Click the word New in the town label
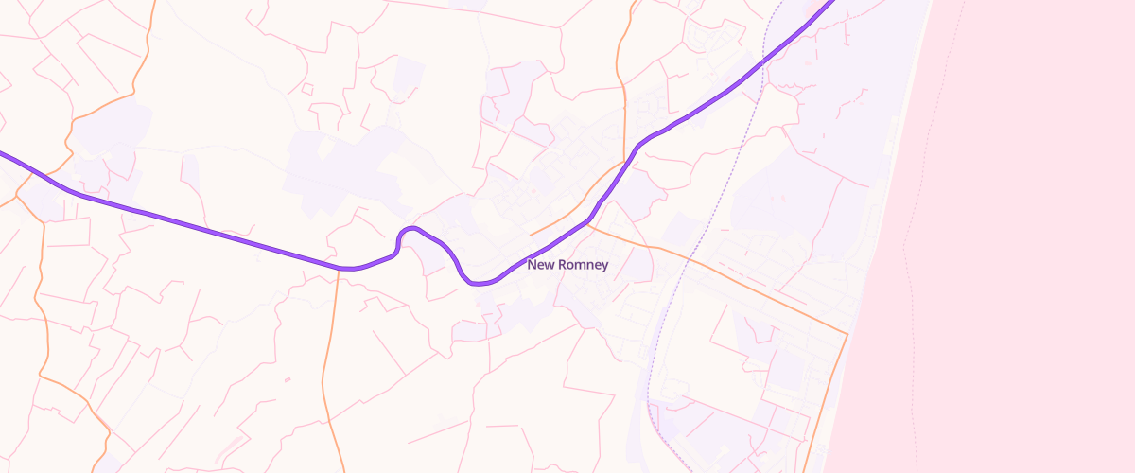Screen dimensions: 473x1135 click(540, 265)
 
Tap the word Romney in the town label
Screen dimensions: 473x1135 click(583, 265)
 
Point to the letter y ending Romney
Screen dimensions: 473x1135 click(604, 267)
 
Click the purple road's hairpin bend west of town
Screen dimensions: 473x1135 click(408, 230)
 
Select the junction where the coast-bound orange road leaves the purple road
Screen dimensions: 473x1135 click(588, 224)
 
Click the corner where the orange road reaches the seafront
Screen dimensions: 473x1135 click(847, 334)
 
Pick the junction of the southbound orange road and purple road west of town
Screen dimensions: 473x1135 click(338, 268)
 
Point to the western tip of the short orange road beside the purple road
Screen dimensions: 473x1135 click(531, 234)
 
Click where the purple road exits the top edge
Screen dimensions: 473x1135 click(832, 3)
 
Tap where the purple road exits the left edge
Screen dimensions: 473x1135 click(3, 152)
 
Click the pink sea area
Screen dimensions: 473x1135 click(1031, 236)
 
